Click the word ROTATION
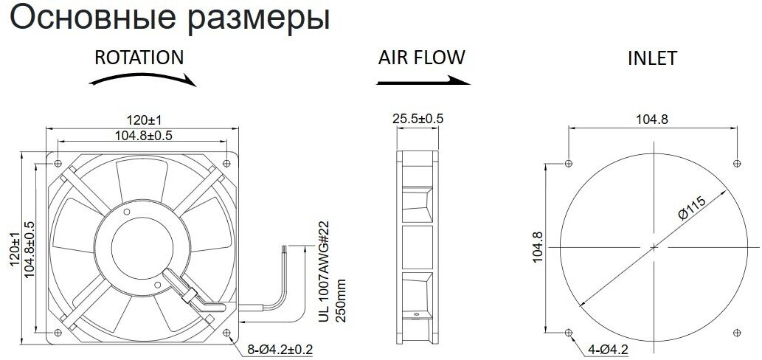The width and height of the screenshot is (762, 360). (139, 58)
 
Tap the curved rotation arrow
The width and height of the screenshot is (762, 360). (144, 80)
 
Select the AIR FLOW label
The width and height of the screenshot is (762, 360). (422, 58)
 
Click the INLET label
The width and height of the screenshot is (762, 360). (651, 59)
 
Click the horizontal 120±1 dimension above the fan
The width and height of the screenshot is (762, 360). (144, 119)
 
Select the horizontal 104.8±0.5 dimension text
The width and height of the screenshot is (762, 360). (144, 135)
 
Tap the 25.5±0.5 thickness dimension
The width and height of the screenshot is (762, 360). (418, 118)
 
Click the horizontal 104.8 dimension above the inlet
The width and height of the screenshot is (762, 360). (651, 120)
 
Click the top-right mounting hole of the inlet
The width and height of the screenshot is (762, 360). (738, 162)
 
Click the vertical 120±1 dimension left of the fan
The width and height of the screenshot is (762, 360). (15, 251)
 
